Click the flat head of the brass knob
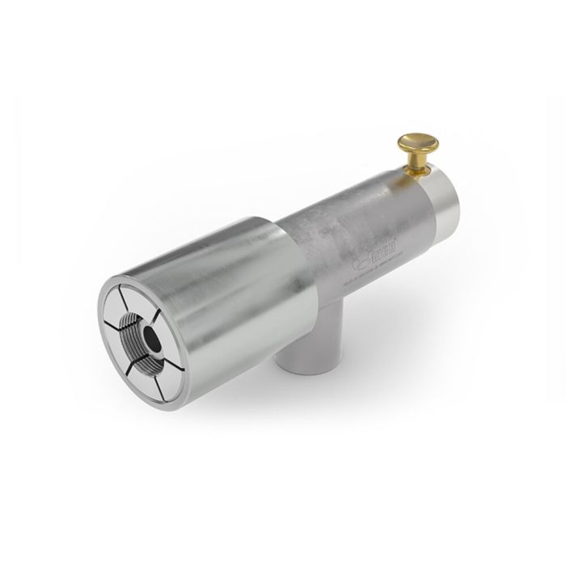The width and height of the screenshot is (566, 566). [x=418, y=144]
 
